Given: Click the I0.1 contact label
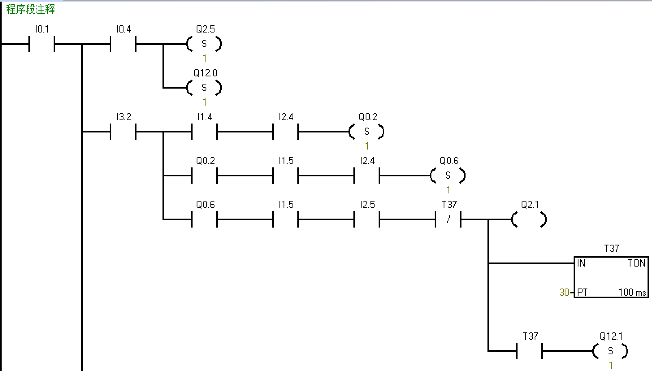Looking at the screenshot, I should (x=42, y=29).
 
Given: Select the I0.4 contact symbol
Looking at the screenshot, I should (x=123, y=43).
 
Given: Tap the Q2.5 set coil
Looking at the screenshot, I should (x=204, y=43).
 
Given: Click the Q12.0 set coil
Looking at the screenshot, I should (x=204, y=87).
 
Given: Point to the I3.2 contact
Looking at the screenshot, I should (x=123, y=131).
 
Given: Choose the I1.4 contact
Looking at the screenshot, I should (x=204, y=131).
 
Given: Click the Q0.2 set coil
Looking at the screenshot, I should (x=367, y=131).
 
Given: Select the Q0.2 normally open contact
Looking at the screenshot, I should (x=204, y=175).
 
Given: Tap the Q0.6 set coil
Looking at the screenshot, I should (x=448, y=175).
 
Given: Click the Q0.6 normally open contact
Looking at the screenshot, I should (x=204, y=219).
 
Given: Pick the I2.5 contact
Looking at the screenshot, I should (x=367, y=219).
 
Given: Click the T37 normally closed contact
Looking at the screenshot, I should (x=448, y=219).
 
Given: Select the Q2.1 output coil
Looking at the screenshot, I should (x=529, y=219).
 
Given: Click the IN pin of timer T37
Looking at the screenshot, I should (x=581, y=263).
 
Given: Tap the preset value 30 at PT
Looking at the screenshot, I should (x=564, y=292).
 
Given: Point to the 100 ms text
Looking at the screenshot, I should (x=632, y=292).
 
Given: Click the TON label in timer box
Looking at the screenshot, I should (x=636, y=263).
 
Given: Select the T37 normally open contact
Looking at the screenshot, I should (x=529, y=351).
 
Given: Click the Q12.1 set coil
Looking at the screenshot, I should (x=611, y=351).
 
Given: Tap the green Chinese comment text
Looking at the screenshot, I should (x=30, y=9).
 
